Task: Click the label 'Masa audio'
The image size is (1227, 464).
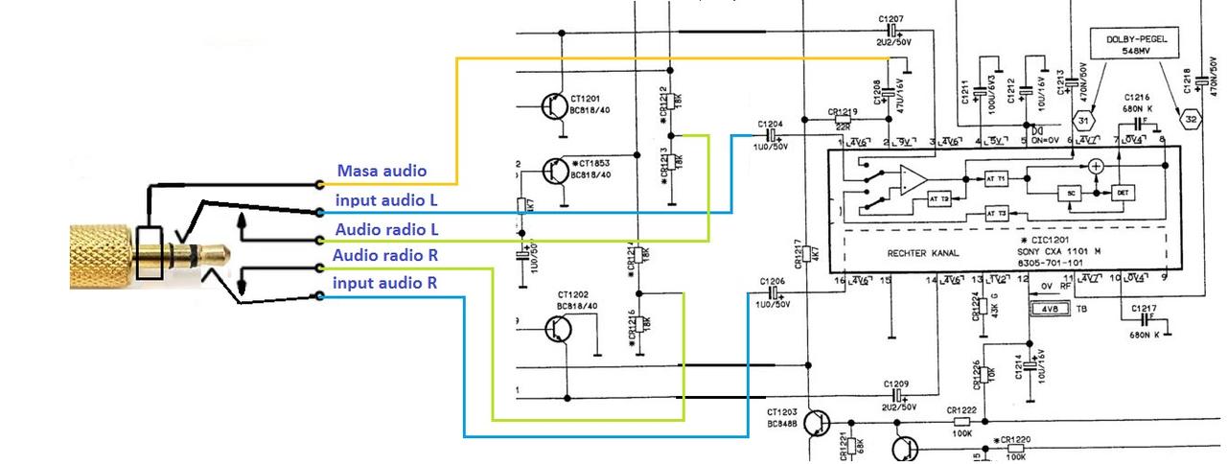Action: pos(381,172)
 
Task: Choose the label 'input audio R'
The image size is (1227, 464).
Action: pos(384,284)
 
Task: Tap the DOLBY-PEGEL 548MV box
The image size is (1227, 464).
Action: pos(1134,45)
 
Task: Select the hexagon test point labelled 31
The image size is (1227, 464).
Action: pos(1081,121)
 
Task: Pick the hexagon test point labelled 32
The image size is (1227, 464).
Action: pos(1191,121)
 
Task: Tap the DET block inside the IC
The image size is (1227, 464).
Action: pos(1123,193)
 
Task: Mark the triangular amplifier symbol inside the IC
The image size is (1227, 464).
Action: pos(912,179)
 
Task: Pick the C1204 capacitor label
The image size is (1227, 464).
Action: pos(769,125)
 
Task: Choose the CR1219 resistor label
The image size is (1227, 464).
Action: pos(843,112)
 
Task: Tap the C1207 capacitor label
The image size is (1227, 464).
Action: pos(891,20)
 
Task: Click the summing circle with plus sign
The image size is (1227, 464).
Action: pos(1096,166)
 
